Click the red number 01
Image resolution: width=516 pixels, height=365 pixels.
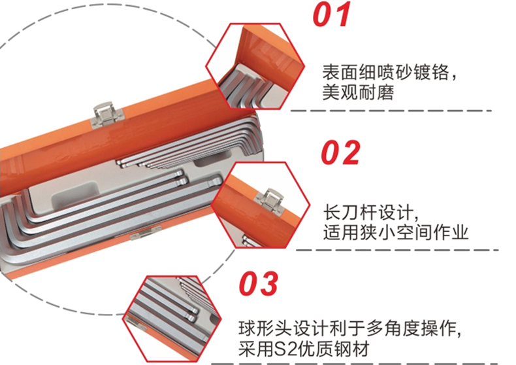point(332,15)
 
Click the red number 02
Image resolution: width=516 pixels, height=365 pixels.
point(340,152)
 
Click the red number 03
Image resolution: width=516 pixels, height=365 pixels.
point(259,284)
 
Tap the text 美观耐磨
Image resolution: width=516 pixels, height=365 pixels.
point(358,92)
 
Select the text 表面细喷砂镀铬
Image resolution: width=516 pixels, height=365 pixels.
point(385,72)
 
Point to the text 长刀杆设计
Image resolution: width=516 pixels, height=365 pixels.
point(368,212)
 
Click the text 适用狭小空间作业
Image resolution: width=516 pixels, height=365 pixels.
point(396,232)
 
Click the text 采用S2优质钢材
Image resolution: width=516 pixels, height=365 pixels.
point(304,349)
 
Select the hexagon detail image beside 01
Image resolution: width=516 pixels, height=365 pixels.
point(255,66)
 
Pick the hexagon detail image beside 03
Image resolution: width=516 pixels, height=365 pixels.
point(172,318)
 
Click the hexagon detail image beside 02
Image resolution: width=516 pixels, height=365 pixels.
point(261,205)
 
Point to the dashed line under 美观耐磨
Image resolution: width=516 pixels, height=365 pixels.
point(391,111)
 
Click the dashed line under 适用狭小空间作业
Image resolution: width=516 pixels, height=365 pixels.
point(397,250)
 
